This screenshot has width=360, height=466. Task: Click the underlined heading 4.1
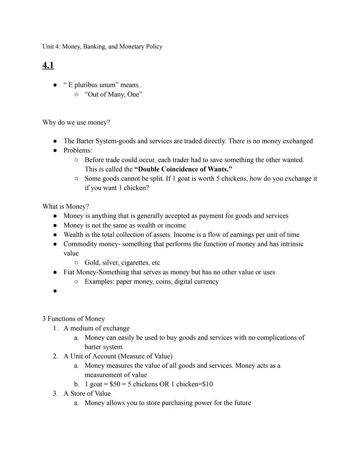pos(48,65)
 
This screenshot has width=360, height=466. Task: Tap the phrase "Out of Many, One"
pos(113,95)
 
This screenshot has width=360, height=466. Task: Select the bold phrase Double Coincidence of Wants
pos(183,169)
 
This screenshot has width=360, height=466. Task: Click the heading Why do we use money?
pos(76,123)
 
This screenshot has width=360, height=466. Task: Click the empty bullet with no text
pos(55,291)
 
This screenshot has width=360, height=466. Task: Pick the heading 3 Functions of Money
pos(73,319)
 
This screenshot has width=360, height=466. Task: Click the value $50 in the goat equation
pos(115,384)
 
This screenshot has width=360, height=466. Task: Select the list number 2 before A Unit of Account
pos(55,356)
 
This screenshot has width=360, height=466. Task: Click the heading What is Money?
pos(66,207)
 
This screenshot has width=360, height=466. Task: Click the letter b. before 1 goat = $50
pos(77,384)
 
